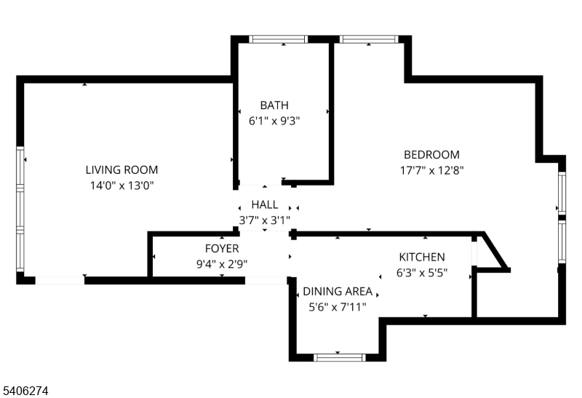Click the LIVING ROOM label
(x=121, y=170)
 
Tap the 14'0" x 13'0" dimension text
(x=121, y=186)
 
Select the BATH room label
(x=274, y=106)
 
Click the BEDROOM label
(x=432, y=154)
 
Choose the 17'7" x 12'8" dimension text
(x=432, y=170)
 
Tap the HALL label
(x=265, y=204)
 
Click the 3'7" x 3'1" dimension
(x=265, y=219)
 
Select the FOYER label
(x=222, y=249)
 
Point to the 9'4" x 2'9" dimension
(x=222, y=264)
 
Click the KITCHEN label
(x=422, y=257)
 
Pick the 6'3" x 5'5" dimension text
(x=422, y=273)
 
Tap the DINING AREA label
(x=338, y=291)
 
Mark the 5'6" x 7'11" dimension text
(x=338, y=307)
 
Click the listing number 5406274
(x=25, y=391)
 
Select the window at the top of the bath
(x=279, y=39)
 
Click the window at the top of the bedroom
(x=369, y=39)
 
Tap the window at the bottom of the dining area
(x=339, y=357)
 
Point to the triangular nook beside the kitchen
(x=490, y=254)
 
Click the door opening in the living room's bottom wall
(x=60, y=279)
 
